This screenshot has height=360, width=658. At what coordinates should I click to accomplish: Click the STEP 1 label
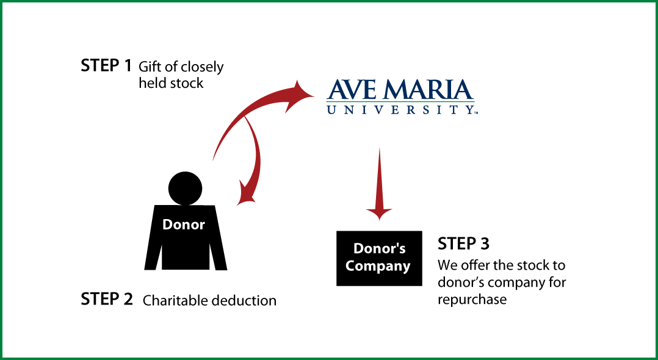(x=106, y=65)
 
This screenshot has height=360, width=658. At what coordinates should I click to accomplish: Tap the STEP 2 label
(x=107, y=299)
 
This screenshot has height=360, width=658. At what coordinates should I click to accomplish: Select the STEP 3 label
(x=463, y=243)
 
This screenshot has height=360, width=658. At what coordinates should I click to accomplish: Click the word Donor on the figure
(x=183, y=225)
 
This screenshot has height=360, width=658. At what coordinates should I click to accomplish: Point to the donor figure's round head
(x=185, y=189)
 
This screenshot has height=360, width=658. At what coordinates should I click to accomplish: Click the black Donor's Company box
(x=380, y=259)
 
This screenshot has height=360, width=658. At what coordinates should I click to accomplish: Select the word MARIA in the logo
(x=428, y=90)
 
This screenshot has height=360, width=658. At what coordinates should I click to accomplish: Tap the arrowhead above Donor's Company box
(x=380, y=214)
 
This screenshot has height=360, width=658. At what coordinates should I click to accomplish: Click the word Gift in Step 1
(x=150, y=67)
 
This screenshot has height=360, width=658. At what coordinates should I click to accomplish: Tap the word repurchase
(x=472, y=300)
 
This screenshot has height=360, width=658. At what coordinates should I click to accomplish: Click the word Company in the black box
(x=378, y=267)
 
